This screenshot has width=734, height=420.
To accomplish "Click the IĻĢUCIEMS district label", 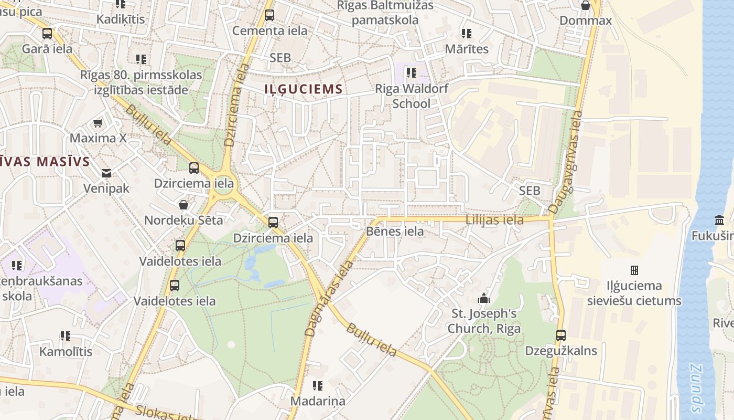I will (304, 89).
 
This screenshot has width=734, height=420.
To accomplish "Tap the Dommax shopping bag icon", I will (586, 6).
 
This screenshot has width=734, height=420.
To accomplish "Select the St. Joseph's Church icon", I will (483, 299).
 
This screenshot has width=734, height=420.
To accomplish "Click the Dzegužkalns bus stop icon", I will (561, 335).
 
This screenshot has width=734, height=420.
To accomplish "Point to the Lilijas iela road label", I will (494, 220).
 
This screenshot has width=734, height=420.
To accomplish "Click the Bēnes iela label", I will (395, 231).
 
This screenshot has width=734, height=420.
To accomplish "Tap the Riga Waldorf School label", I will (412, 96).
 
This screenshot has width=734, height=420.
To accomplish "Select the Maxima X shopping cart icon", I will (98, 123).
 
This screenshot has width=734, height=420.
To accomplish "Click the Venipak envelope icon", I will (106, 173).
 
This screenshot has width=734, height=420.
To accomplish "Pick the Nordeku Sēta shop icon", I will (183, 205).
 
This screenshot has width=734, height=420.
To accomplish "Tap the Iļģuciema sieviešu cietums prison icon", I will (634, 270).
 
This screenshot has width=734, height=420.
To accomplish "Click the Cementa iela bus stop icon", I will (269, 15).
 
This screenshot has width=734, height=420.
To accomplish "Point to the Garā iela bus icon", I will (47, 34).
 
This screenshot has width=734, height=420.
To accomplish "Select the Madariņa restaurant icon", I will (318, 386).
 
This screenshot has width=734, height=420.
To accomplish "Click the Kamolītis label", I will (66, 351).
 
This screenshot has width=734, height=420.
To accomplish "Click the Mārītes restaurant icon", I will (466, 34).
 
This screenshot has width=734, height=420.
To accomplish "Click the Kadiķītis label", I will (121, 19).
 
